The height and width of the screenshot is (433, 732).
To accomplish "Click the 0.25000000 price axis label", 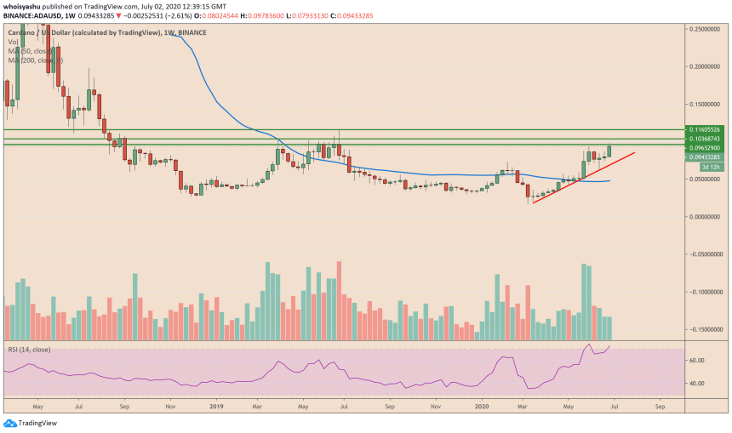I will pyautogui.click(x=708, y=28).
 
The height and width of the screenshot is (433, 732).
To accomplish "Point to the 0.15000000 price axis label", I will pyautogui.click(x=708, y=104).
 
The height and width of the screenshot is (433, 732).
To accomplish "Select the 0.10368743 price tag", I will pyautogui.click(x=708, y=138).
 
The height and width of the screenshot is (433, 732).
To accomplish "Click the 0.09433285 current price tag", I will pyautogui.click(x=708, y=157).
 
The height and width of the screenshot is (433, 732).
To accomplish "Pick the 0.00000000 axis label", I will pyautogui.click(x=708, y=216).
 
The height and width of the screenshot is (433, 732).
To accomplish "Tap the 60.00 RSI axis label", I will pyautogui.click(x=697, y=361).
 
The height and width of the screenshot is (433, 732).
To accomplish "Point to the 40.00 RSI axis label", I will pyautogui.click(x=697, y=384).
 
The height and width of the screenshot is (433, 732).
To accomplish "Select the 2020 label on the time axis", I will pyautogui.click(x=481, y=407).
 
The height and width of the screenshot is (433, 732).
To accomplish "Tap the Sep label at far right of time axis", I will pyautogui.click(x=659, y=407).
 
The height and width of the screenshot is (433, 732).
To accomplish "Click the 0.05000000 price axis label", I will pyautogui.click(x=708, y=179).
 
